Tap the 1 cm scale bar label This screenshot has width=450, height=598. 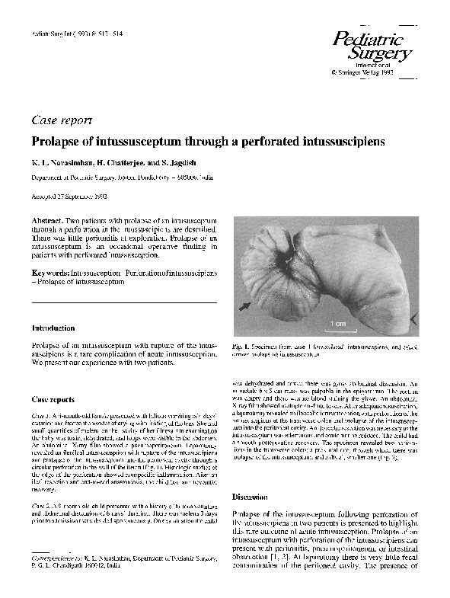339,323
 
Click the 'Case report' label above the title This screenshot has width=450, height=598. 62,120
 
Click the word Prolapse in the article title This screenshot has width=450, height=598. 56,142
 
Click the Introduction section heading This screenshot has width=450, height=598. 53,328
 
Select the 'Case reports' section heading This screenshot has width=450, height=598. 53,399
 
